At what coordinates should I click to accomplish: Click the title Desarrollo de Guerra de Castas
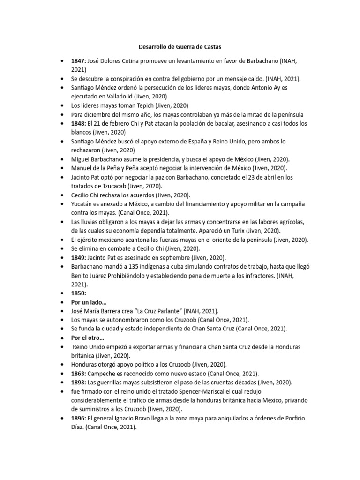180,47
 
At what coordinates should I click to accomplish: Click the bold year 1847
78,61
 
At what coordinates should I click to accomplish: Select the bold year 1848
78,123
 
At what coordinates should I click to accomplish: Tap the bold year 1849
78,257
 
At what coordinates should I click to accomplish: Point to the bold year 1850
78,293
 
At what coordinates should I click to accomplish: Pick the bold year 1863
78,373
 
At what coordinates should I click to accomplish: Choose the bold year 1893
78,382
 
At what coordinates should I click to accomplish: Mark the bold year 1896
78,418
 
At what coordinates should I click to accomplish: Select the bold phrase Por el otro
88,337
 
